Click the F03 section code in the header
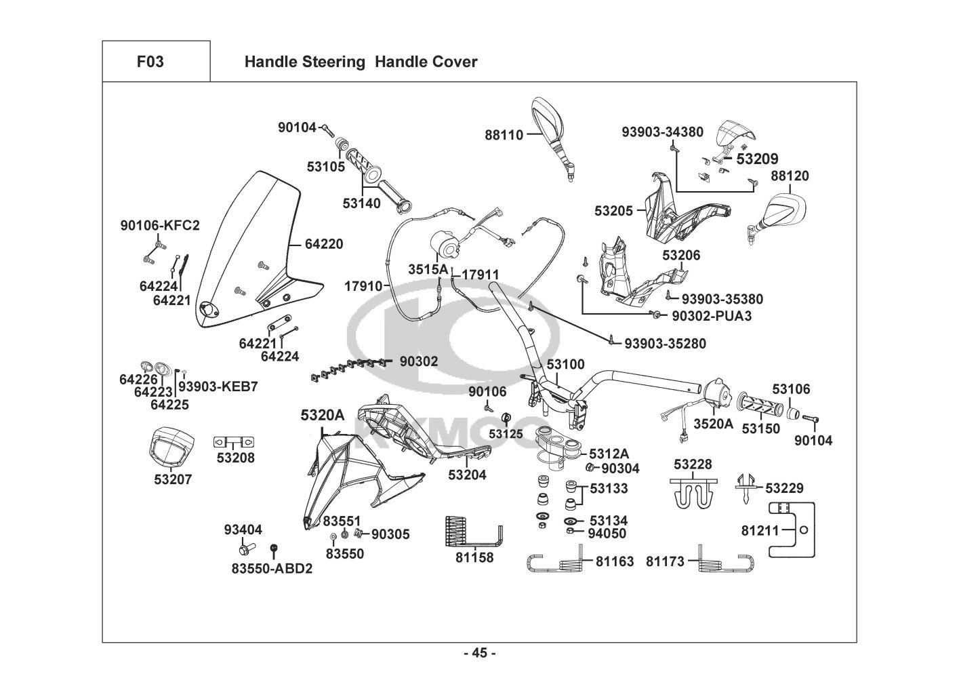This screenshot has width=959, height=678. pos(150,62)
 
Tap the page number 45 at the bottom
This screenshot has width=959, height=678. pos(479,654)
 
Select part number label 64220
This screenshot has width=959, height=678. pos(324,244)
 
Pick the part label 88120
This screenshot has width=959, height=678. pos(790,176)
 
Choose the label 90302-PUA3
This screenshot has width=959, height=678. pos(711,316)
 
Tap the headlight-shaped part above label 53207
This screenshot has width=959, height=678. pos(170,447)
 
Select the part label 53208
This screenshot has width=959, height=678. pos(235,458)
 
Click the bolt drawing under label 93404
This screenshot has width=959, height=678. pos(245,548)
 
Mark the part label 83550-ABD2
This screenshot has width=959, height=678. pos(272,569)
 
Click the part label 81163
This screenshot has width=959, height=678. pos(615,561)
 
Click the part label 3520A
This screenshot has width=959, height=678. pos(714,424)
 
